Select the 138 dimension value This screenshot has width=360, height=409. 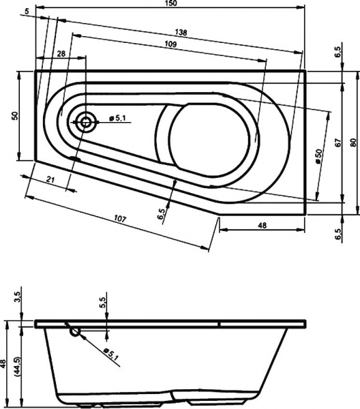[181, 33]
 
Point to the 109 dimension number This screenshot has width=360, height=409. [171, 44]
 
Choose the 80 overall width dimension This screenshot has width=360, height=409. [352, 141]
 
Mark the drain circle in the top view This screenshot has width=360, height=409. [87, 123]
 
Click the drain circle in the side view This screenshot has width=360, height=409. [75, 332]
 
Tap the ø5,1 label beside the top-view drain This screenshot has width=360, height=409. [118, 118]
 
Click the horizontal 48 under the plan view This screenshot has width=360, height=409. [261, 225]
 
